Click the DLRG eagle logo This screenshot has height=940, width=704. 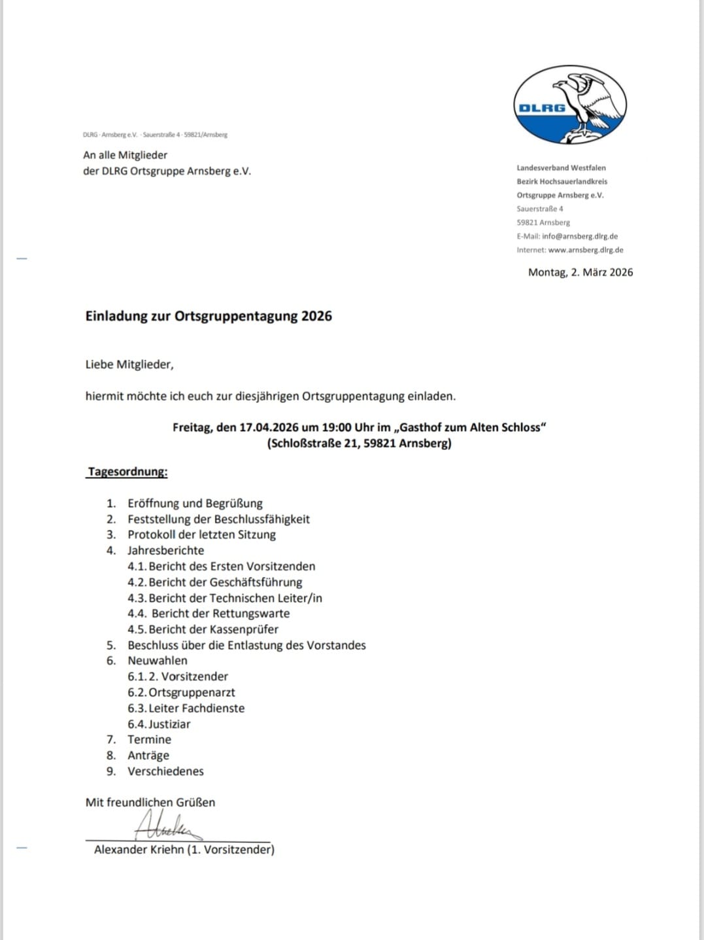point(570,105)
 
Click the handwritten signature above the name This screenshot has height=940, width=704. point(167,826)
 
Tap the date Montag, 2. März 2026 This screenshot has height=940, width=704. point(580,272)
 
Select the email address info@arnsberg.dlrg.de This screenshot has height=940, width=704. point(579,236)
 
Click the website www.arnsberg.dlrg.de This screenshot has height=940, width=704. point(585,250)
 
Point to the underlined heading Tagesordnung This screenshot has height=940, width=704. point(127,472)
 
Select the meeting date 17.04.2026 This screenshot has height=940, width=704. point(269,427)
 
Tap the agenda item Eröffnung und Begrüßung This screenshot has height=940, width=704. point(195,503)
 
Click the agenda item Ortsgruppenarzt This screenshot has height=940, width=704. point(192,692)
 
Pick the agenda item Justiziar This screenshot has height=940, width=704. point(169,724)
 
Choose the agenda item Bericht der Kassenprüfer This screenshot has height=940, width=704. point(213,629)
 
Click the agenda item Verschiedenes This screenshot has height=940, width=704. point(165,771)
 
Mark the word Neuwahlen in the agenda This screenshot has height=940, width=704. point(158,661)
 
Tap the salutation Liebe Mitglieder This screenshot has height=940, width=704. point(129,364)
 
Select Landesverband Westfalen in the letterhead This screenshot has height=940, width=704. point(561,168)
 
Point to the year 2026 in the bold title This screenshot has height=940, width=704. point(316,316)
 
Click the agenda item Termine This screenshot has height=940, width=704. point(149,739)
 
